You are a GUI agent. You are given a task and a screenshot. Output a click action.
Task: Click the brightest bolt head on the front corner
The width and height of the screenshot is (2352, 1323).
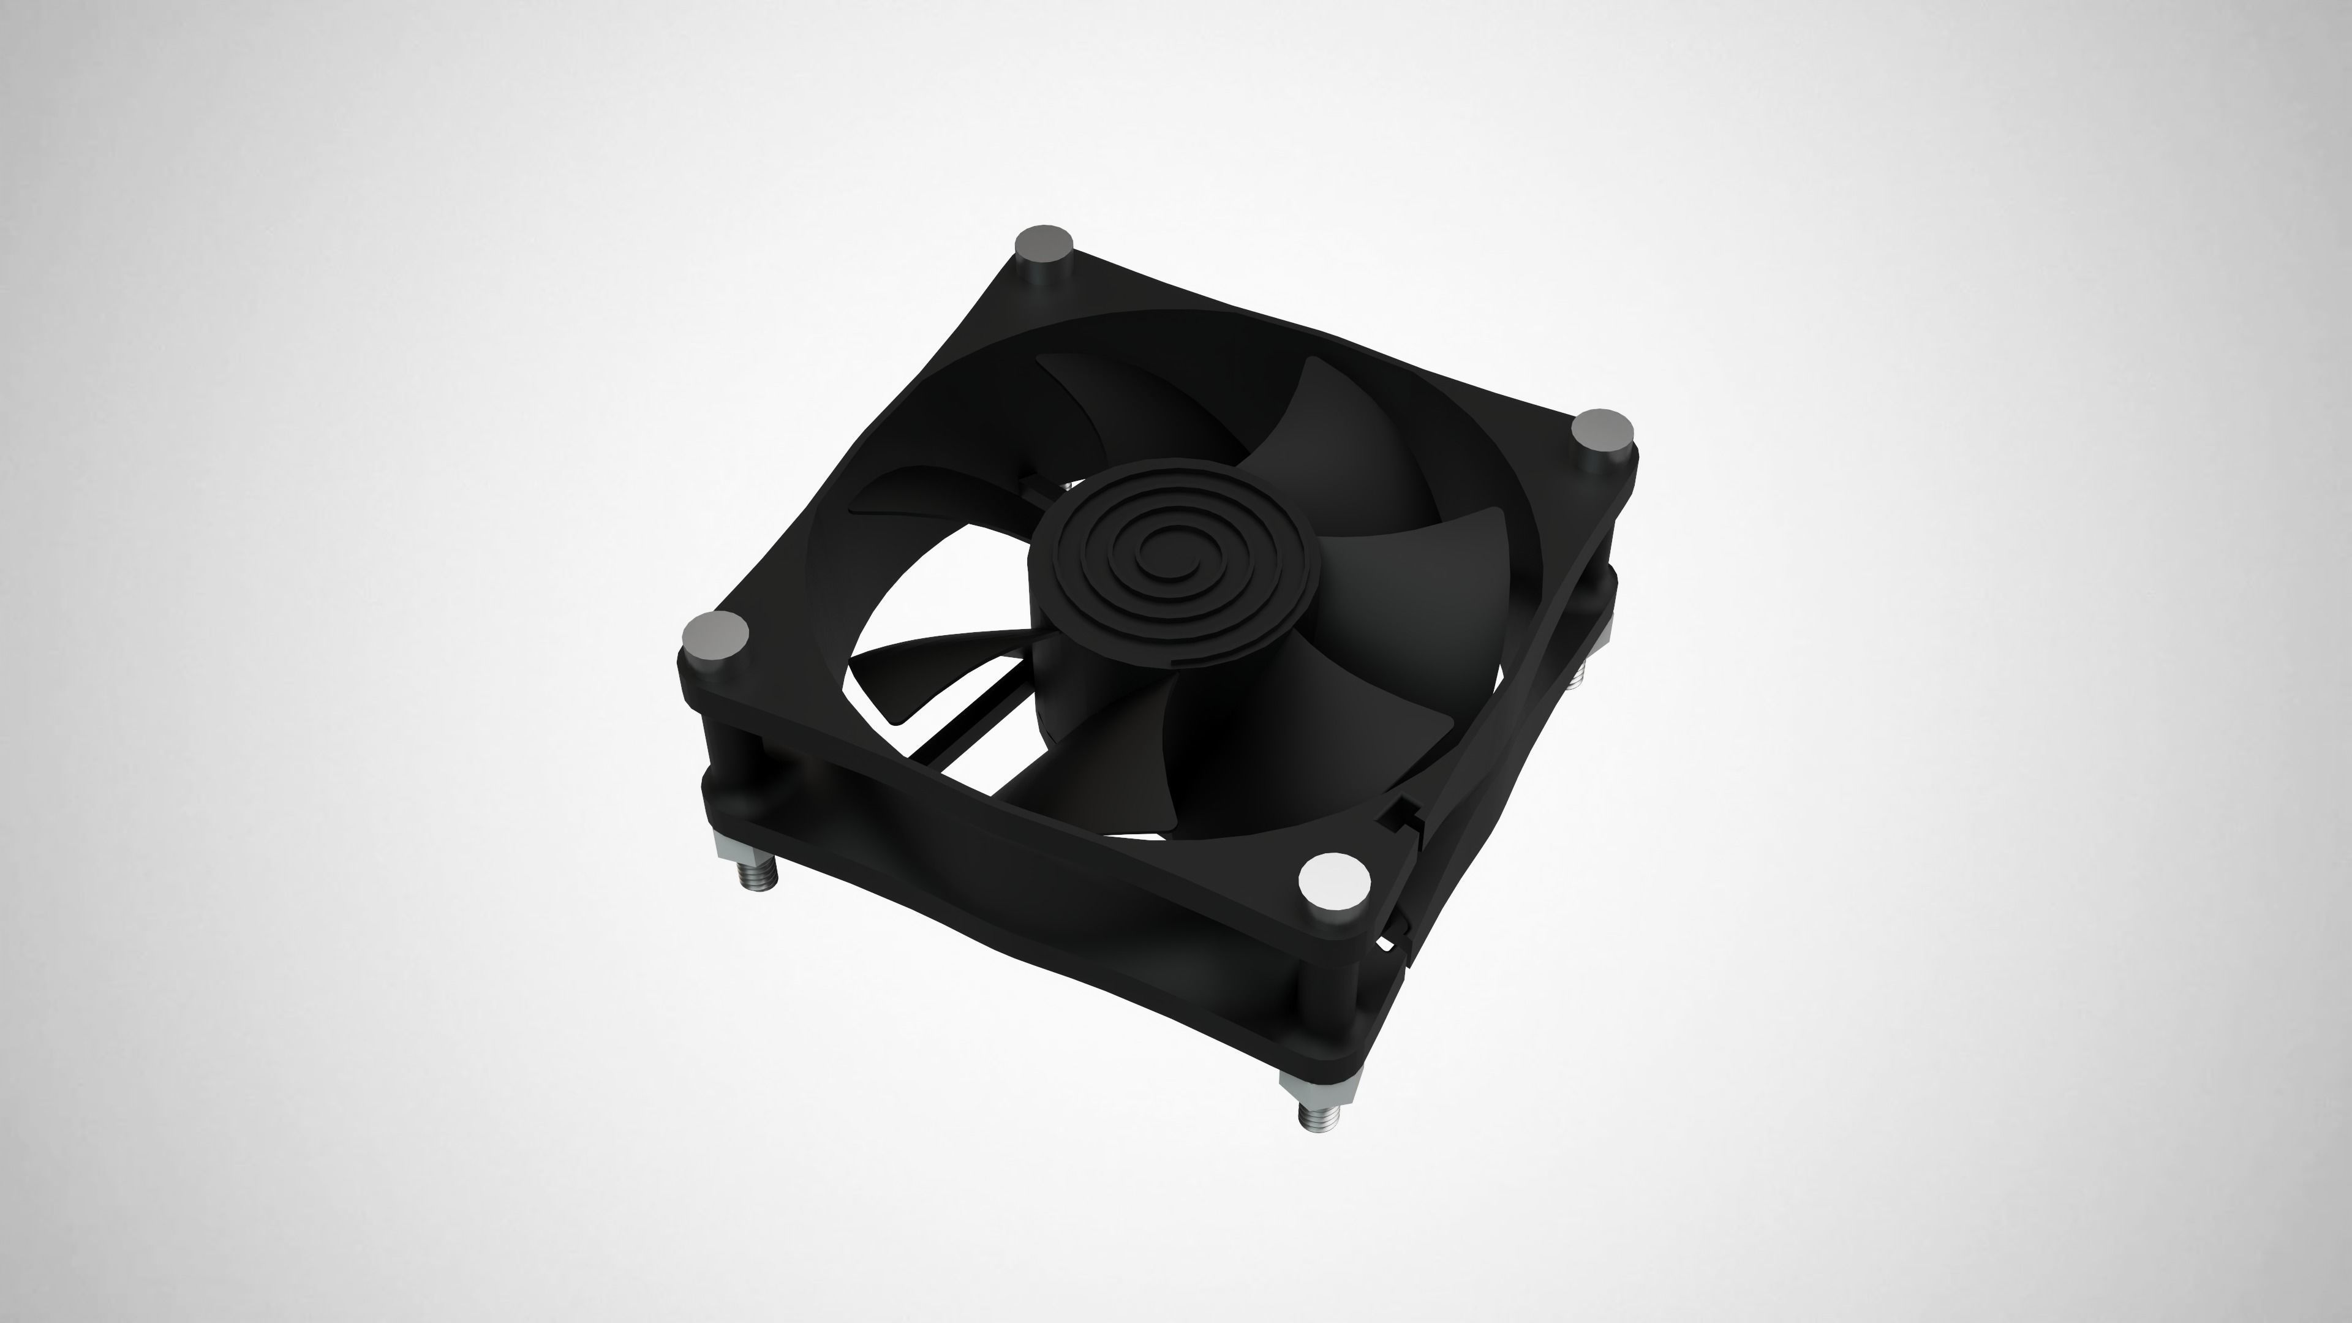(x=1334, y=881)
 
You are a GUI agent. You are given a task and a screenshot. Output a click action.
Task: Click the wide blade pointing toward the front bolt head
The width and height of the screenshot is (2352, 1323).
(x=1297, y=731)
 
